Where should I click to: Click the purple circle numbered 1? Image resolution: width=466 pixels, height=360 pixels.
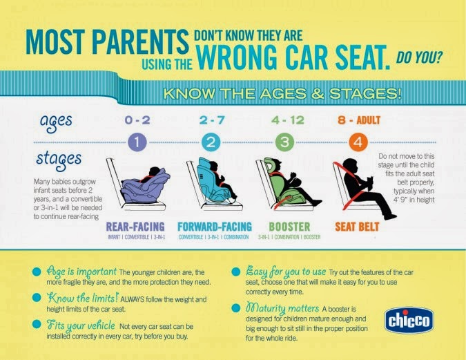coord(137,142)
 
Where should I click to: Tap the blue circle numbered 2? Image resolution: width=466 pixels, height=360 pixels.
coord(211,142)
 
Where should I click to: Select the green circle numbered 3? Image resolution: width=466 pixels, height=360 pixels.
coord(284,142)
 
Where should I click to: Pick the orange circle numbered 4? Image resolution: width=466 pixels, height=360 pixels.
coord(358,142)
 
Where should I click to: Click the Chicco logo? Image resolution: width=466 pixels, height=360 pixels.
coord(409,321)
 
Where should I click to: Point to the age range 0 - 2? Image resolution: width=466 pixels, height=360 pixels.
coord(137,120)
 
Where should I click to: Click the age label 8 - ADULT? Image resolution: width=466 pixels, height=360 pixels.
coord(359,120)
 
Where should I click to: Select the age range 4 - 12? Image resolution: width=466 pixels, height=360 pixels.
coord(288,120)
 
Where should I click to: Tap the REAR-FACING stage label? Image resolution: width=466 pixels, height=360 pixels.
coord(135,227)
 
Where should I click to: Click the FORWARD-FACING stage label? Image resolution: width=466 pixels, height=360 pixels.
coord(215,227)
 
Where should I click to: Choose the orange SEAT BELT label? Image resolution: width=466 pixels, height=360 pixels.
coord(357,227)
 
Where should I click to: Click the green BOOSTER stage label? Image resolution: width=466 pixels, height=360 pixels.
coord(289,227)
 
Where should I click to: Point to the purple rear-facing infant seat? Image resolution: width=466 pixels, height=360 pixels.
coord(145,187)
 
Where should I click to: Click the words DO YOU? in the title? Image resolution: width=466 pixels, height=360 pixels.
coord(419,57)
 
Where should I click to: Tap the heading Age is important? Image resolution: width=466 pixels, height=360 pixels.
coord(81,272)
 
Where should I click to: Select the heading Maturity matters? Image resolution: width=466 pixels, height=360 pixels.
coord(282,308)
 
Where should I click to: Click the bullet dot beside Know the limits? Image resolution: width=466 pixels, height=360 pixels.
coord(37,298)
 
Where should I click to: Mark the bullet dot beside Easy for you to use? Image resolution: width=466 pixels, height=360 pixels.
coord(235,272)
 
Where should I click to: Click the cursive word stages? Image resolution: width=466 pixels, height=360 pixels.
coord(59,160)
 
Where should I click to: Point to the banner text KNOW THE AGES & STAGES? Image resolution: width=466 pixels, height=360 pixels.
coord(282,93)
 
